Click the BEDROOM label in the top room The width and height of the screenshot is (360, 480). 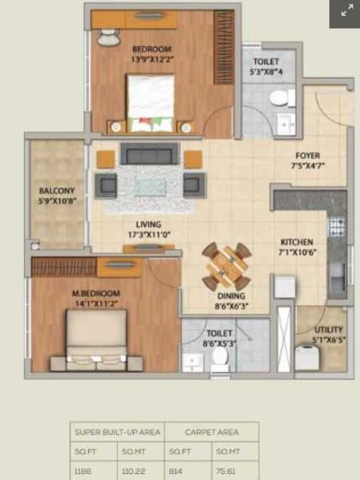[152, 50]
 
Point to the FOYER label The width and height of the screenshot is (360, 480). [307, 156]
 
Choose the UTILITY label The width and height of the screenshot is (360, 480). [328, 330]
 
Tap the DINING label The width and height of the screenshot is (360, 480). [231, 297]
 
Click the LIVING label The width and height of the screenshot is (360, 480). [148, 224]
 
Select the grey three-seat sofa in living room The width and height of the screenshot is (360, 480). [149, 155]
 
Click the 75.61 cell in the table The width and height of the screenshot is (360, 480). [225, 469]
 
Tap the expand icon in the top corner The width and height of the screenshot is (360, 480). [346, 11]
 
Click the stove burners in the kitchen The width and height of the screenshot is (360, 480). [336, 225]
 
